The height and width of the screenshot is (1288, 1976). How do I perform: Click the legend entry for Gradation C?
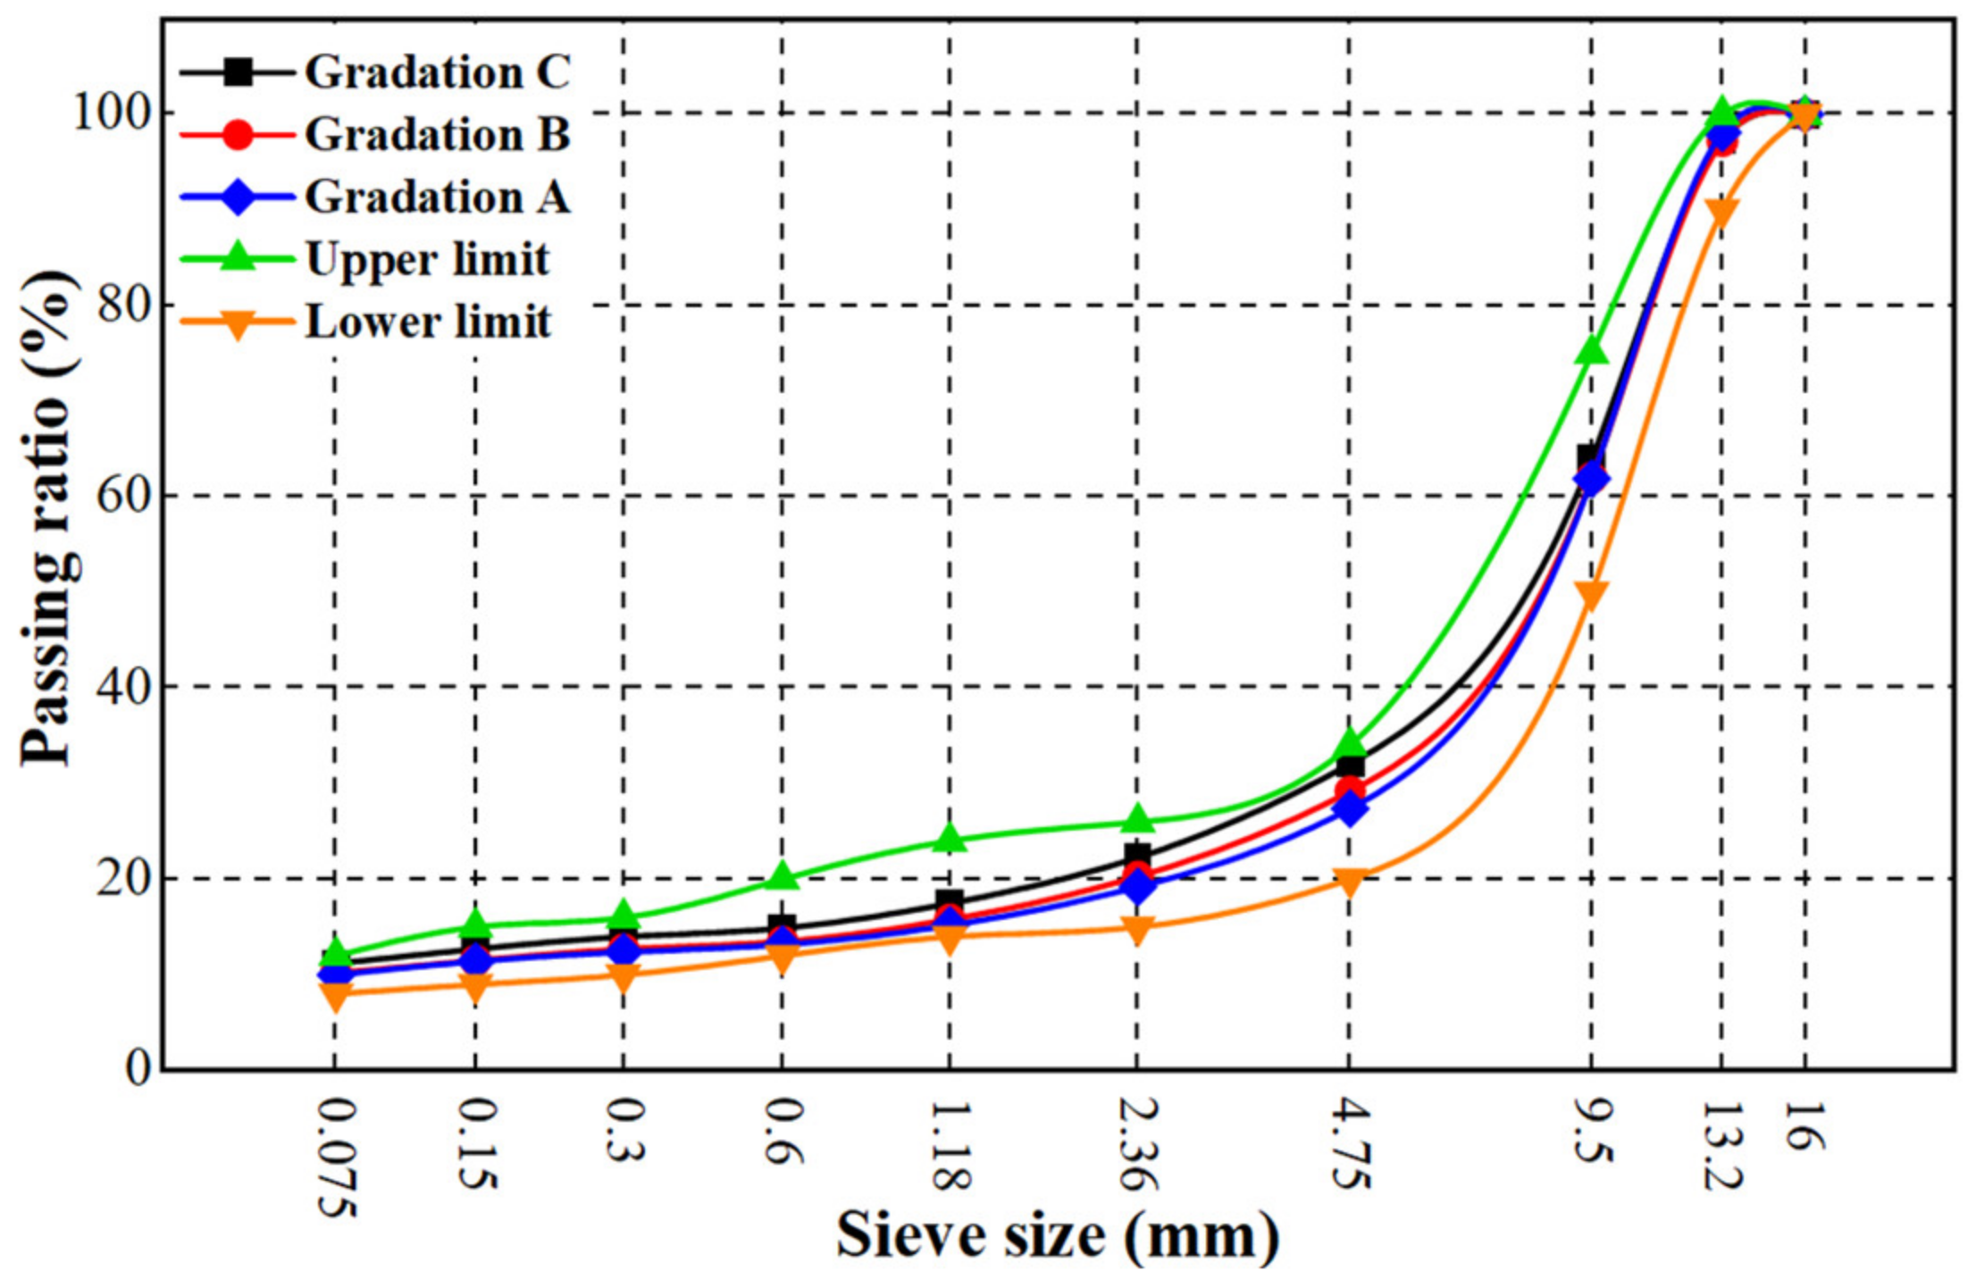coord(436,72)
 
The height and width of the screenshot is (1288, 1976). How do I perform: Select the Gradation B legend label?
coord(436,135)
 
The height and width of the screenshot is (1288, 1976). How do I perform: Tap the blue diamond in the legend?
coord(238,197)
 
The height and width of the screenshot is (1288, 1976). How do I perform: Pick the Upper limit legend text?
coord(427,260)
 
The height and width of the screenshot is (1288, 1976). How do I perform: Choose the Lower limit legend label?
coord(428,322)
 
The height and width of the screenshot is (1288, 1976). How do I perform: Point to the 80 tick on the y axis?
coord(121,305)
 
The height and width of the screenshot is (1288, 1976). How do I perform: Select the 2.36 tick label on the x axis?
coord(1137,1144)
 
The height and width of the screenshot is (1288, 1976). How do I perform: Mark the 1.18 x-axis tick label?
coord(950,1144)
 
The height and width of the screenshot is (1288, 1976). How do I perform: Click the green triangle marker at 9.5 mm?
coord(1592,349)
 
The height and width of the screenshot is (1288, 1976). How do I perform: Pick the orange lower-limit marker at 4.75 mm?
coord(1349,882)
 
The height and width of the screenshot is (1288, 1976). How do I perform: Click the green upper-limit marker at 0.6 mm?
coord(783,875)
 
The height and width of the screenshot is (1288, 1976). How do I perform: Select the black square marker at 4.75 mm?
coord(1351,765)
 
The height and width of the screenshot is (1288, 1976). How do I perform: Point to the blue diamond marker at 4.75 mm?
coord(1351,809)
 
